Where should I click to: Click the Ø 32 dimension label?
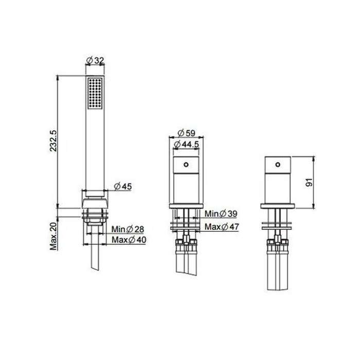(95, 61)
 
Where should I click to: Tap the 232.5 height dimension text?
(53, 140)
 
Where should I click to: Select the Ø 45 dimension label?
(123, 186)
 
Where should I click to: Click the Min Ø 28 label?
(128, 229)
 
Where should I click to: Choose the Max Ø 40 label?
(129, 240)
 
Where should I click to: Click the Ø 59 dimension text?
(186, 133)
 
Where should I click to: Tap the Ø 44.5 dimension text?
(186, 145)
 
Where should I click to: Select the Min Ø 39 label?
(221, 214)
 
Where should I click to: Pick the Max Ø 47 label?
(222, 227)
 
